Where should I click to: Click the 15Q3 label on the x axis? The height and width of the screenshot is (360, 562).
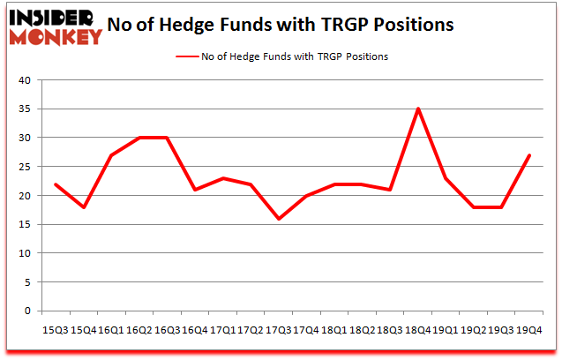pos(56,329)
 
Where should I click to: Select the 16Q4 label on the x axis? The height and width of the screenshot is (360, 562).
pos(194,329)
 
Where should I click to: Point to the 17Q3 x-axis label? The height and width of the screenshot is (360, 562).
pos(278,329)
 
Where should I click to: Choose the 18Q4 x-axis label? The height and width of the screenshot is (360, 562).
pos(417,329)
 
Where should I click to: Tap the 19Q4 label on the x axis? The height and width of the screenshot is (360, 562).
pos(528,329)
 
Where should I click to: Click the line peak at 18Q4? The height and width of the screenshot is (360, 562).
pos(417,109)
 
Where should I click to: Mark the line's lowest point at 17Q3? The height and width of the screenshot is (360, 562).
pos(278,218)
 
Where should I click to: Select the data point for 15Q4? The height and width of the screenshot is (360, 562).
pos(84,206)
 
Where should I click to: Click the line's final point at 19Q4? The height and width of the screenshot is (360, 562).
pos(528,155)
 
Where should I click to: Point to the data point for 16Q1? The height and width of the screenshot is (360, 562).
pos(111,155)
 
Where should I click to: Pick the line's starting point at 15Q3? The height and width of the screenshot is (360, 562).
pos(56,184)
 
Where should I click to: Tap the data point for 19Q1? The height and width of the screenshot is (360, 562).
pos(446,178)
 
